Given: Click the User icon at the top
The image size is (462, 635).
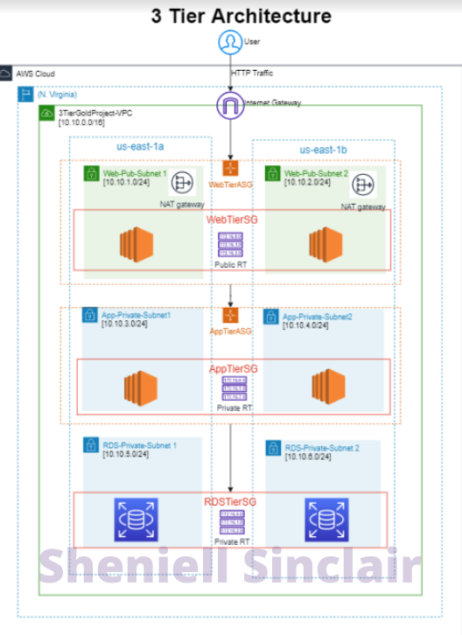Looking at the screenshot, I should (x=229, y=41).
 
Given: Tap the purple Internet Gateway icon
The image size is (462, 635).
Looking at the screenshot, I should (x=229, y=106).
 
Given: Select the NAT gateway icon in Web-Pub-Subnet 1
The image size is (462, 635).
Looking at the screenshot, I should (x=183, y=183).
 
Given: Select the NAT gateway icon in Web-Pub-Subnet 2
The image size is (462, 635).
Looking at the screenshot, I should (x=362, y=185).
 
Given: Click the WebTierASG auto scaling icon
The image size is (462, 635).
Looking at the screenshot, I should (x=231, y=167).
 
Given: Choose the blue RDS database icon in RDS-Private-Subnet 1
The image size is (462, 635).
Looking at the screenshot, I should (x=137, y=520).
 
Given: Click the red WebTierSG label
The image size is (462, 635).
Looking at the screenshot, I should (x=231, y=220).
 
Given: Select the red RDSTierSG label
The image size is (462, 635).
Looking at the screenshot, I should (x=231, y=500).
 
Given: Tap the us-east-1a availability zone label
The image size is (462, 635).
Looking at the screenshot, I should (x=140, y=147).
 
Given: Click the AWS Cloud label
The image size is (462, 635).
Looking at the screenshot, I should (x=35, y=74).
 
